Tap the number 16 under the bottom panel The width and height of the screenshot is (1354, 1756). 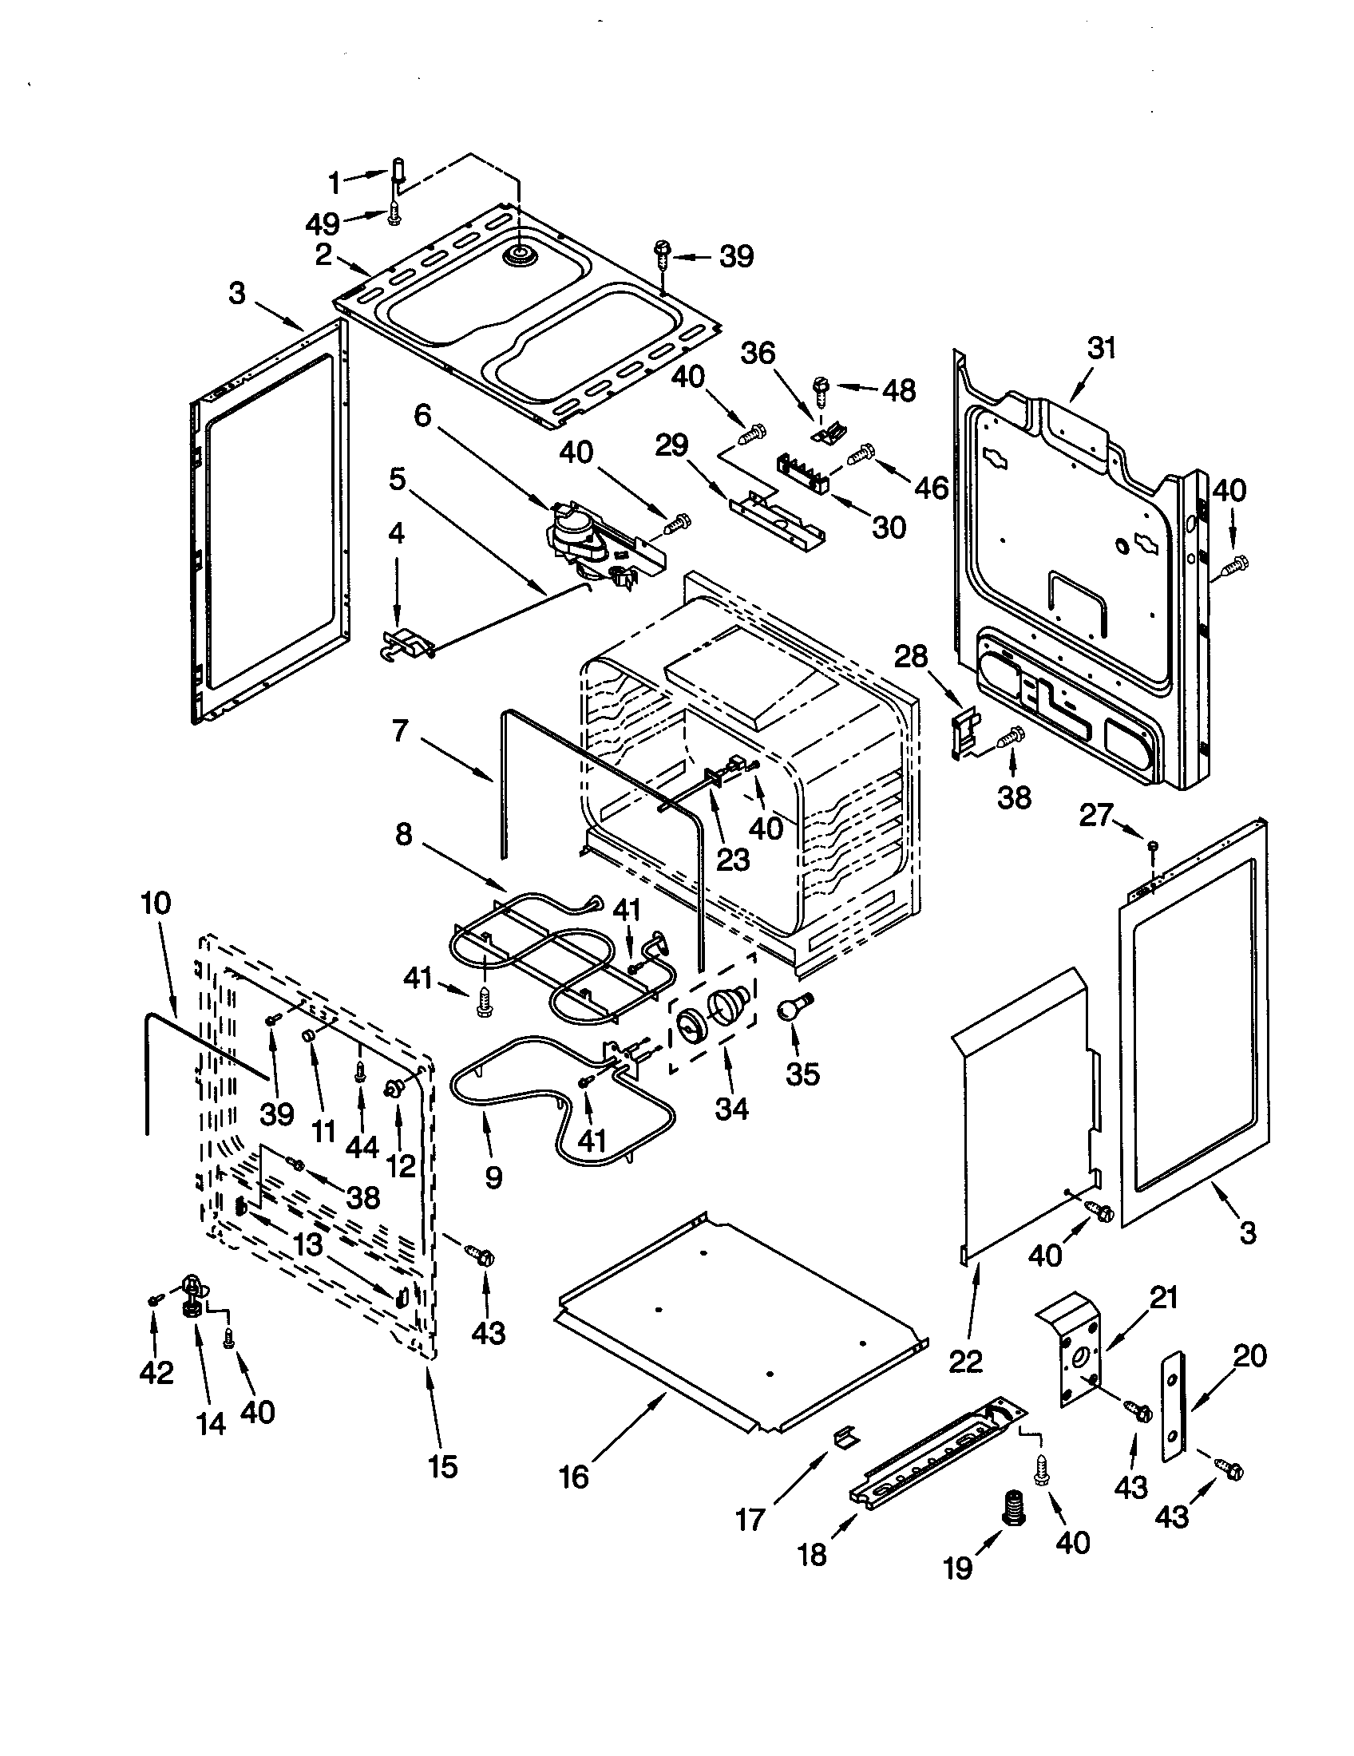574,1476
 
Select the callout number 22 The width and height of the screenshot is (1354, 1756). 966,1360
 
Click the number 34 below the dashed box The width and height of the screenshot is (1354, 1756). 730,1109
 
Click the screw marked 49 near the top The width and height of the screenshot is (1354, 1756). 394,215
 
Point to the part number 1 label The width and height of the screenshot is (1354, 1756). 335,184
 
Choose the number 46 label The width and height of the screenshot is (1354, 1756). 932,487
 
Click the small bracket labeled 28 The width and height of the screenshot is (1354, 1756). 965,730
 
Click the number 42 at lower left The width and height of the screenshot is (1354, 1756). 156,1373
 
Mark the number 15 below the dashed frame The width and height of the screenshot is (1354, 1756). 442,1465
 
